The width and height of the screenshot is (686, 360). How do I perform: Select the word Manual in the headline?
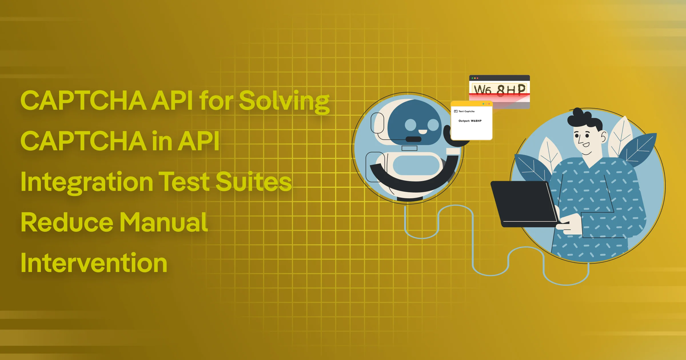click(163, 223)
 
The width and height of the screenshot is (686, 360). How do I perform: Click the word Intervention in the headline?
click(94, 263)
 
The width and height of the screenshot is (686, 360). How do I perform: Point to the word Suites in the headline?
click(254, 182)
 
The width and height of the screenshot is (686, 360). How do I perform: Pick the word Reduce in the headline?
click(67, 223)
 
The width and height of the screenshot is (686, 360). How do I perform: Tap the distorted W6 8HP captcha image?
click(499, 90)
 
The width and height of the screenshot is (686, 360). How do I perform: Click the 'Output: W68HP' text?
click(470, 121)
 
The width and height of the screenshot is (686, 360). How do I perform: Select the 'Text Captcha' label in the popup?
click(466, 111)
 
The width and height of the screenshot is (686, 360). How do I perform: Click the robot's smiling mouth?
click(422, 132)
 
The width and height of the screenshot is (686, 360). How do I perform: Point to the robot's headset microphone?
click(413, 139)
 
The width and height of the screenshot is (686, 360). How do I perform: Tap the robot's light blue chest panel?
click(416, 165)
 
